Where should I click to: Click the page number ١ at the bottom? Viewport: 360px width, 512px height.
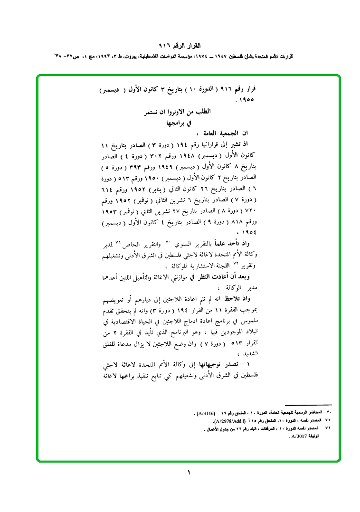[189, 473]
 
